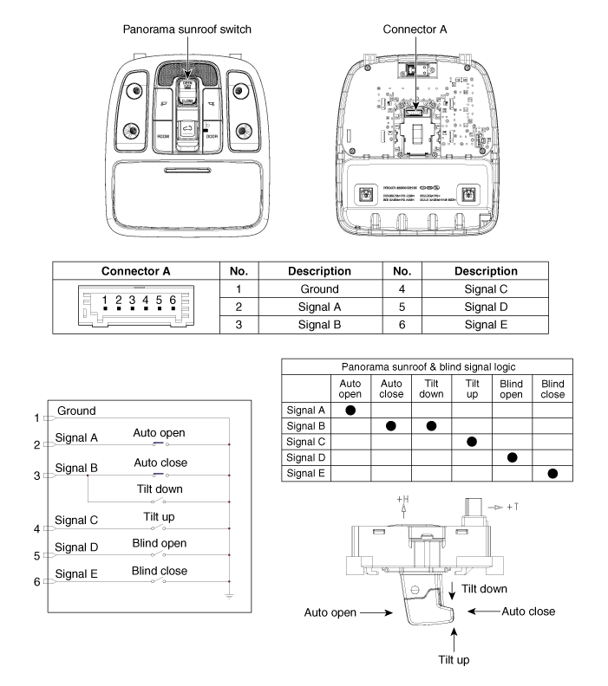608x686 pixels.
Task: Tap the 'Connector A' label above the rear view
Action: [415, 29]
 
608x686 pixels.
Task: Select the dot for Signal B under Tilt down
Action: [431, 425]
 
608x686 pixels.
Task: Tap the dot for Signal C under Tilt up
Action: [472, 442]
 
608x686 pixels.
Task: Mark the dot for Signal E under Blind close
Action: [552, 474]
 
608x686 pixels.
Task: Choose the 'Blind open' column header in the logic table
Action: [512, 387]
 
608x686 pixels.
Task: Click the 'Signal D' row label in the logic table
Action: [305, 458]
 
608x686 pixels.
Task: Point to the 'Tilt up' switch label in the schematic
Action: [159, 517]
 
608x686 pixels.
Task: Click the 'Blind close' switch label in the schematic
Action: [159, 571]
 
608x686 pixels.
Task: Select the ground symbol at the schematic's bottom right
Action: [228, 598]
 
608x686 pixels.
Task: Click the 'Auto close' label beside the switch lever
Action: [528, 611]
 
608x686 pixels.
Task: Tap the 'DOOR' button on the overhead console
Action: [212, 136]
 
